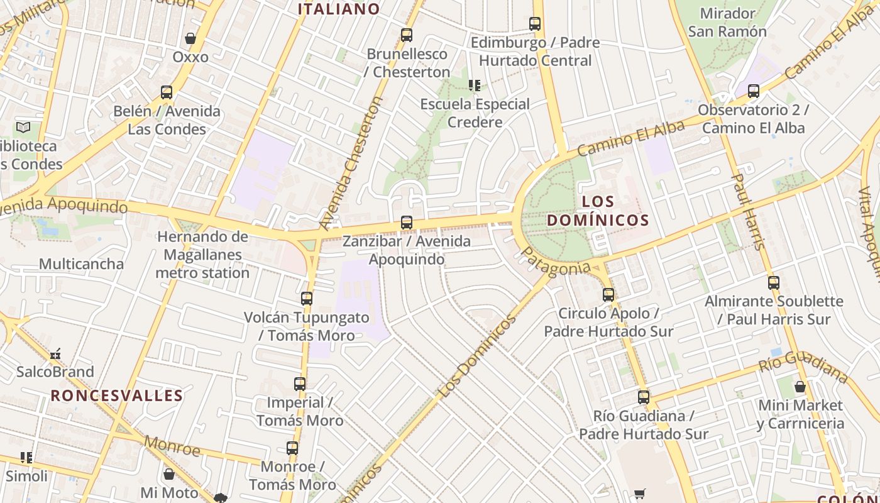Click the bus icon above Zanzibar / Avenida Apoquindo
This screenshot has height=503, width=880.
[407, 223]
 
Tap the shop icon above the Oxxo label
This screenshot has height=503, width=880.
[190, 38]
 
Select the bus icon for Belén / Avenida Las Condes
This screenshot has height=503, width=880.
[167, 92]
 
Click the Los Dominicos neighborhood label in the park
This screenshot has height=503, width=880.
[598, 211]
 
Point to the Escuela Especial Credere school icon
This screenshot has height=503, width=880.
[475, 86]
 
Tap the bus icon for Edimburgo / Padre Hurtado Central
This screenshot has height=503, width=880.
[535, 25]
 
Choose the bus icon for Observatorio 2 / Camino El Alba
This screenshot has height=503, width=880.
[754, 91]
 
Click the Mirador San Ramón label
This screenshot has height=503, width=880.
[727, 23]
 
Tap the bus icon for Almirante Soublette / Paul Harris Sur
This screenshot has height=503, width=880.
[774, 283]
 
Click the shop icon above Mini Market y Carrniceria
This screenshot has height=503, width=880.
[800, 387]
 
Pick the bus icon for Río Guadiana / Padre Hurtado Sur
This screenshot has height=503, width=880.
[644, 397]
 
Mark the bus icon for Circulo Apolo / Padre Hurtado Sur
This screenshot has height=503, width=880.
[608, 295]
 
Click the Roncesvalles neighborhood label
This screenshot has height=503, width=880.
[117, 396]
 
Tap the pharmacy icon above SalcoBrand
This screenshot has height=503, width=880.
[56, 354]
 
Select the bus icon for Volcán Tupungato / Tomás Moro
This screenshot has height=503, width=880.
[307, 299]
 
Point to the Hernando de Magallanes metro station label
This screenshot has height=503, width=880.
[202, 255]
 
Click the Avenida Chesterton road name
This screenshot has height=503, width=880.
[351, 163]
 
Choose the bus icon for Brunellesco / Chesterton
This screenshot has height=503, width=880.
[407, 35]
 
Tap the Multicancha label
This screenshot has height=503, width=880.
[81, 264]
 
